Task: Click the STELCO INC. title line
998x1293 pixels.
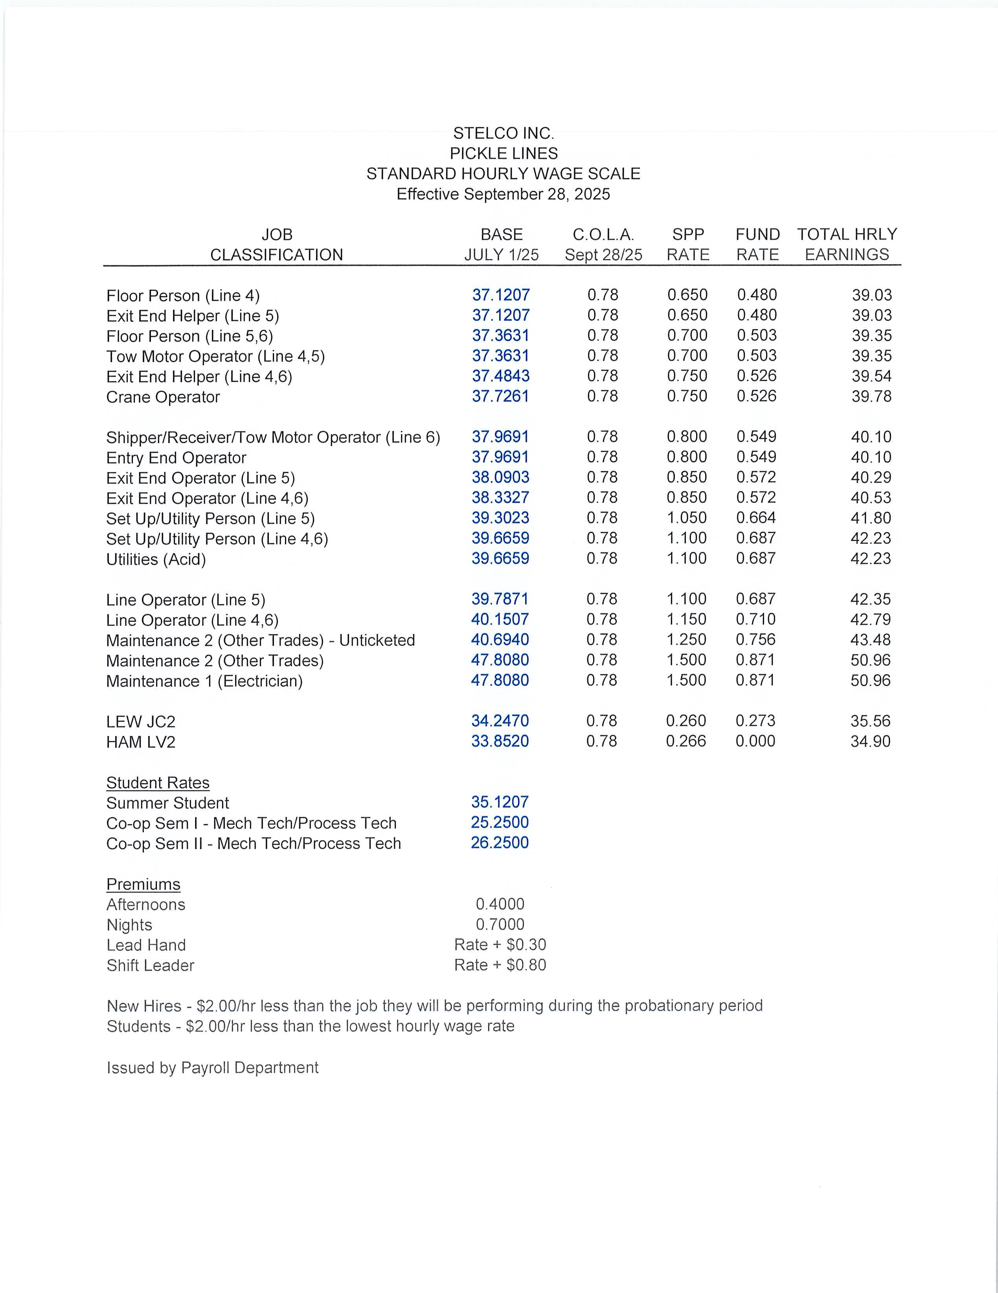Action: click(503, 133)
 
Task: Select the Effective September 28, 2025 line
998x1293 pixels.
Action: click(503, 194)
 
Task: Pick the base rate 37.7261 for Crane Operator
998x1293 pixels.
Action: click(500, 396)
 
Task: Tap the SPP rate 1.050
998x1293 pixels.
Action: click(687, 518)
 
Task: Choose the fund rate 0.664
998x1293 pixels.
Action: click(756, 518)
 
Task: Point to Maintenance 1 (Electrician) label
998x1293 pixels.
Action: click(204, 681)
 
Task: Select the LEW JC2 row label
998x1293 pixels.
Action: click(141, 722)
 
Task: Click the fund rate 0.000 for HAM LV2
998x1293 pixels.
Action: click(755, 741)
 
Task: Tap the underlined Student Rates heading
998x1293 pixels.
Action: click(158, 783)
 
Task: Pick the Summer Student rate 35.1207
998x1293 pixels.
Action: click(500, 802)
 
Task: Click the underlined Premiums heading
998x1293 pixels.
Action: click(143, 885)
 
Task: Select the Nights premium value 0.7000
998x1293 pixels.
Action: click(500, 925)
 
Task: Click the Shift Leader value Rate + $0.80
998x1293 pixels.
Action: click(500, 965)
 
